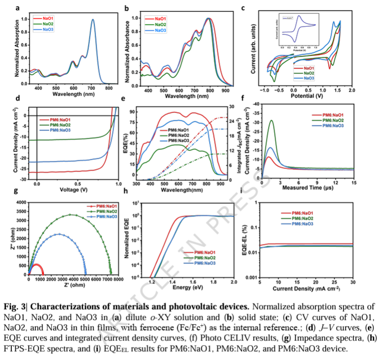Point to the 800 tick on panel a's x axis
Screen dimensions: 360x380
click(109, 89)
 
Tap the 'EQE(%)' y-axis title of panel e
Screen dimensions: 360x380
click(132, 142)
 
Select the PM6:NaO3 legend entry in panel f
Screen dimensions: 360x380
click(329, 125)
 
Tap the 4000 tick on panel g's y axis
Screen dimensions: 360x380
click(21, 203)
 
